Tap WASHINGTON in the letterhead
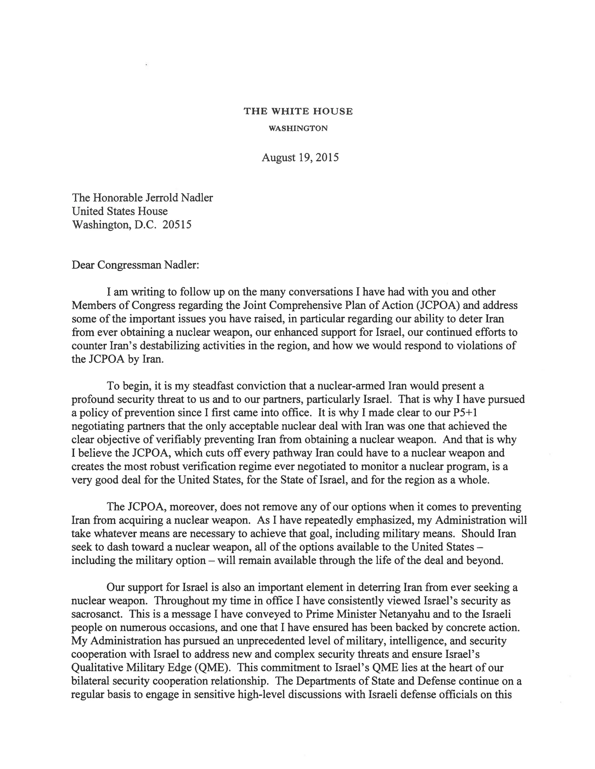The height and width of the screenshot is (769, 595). pos(298,129)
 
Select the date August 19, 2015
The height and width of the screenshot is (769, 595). pos(300,157)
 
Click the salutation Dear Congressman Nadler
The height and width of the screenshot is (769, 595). pos(135,264)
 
